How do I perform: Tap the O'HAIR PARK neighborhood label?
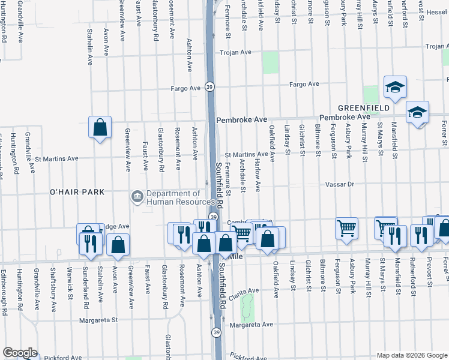coord(77,192)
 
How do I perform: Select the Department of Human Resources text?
coord(173,198)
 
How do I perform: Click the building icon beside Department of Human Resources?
coord(137,196)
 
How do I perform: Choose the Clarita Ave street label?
coord(243,290)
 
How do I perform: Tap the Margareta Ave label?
coord(252,325)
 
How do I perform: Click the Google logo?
coord(20,353)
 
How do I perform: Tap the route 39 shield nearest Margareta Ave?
coord(215,332)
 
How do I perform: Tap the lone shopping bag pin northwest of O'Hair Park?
coord(100,127)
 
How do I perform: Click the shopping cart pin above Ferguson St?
coord(346,229)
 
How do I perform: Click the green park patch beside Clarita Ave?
coord(246,307)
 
